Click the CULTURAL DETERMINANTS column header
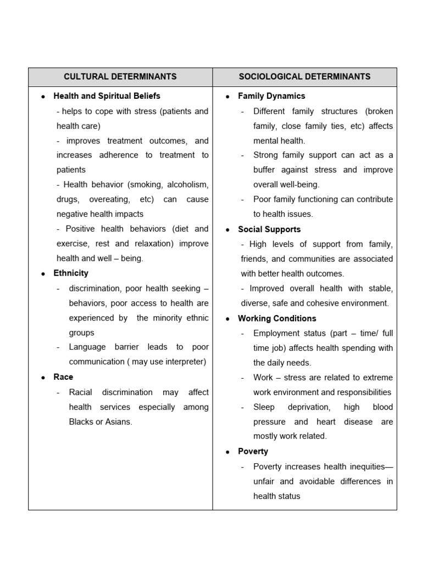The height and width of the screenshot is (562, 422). pyautogui.click(x=120, y=77)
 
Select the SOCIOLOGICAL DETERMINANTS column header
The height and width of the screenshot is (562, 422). pyautogui.click(x=304, y=77)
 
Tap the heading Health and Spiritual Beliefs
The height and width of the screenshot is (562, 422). pyautogui.click(x=107, y=96)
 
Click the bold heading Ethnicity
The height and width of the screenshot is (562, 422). pyautogui.click(x=71, y=273)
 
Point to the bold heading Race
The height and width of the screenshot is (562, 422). pyautogui.click(x=63, y=377)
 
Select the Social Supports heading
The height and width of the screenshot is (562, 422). pyautogui.click(x=269, y=229)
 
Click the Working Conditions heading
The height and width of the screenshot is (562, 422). pyautogui.click(x=277, y=318)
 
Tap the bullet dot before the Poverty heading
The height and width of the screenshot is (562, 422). pyautogui.click(x=227, y=452)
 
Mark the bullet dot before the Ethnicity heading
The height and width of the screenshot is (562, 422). pyautogui.click(x=43, y=273)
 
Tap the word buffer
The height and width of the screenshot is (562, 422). pyautogui.click(x=266, y=170)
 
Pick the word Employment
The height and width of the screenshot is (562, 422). pyautogui.click(x=276, y=333)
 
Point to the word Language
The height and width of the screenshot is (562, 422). pyautogui.click(x=87, y=347)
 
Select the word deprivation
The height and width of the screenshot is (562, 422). pyautogui.click(x=309, y=407)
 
